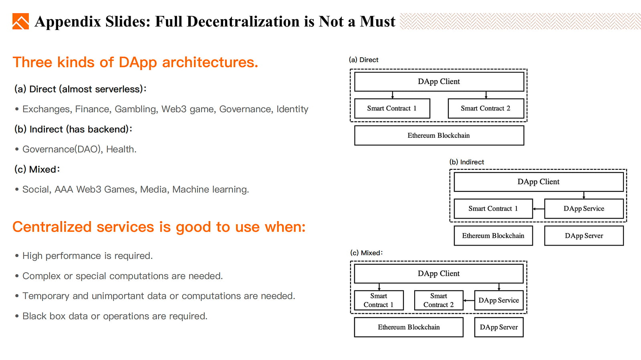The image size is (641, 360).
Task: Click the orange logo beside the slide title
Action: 20,21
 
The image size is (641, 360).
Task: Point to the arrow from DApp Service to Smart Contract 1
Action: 538,209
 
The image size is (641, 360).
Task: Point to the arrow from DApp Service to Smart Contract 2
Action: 469,300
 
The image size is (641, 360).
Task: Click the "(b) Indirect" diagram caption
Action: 466,162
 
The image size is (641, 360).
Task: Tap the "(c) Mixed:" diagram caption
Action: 366,253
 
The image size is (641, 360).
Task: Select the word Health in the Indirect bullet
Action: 120,149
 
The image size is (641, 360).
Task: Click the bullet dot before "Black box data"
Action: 17,316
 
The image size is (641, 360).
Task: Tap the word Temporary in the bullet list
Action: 46,296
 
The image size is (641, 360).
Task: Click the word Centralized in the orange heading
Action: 52,227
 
